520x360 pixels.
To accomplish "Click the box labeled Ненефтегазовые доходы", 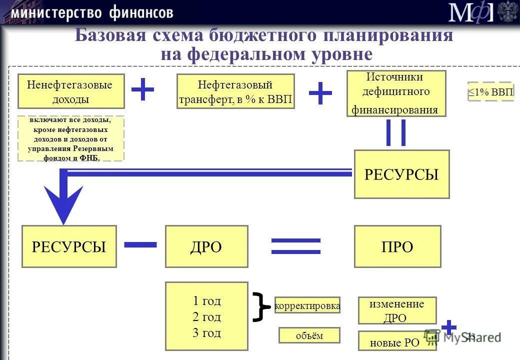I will [x=71, y=91].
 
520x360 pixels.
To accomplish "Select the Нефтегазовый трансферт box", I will [x=236, y=91].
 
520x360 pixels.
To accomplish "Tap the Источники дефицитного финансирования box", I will [x=396, y=93].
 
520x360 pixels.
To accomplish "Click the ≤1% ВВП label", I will [x=490, y=91].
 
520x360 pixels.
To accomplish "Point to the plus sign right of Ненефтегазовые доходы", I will [x=142, y=89].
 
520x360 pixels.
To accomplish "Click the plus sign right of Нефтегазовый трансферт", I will [x=320, y=93].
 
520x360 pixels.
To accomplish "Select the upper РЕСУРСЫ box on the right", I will [x=401, y=174].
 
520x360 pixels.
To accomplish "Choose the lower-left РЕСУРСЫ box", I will [x=69, y=246].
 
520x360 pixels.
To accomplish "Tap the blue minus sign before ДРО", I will [x=140, y=244].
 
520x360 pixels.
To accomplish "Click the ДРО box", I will [x=206, y=246].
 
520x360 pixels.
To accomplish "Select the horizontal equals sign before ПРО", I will [x=295, y=245].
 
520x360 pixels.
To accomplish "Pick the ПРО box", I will [x=397, y=246].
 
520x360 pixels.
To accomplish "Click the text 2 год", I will [x=206, y=317].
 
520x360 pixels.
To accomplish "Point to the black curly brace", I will [x=259, y=306].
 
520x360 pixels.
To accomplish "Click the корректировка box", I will [x=307, y=305].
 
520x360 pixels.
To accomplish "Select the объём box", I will [x=309, y=335].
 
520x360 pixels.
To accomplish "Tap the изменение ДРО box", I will [x=397, y=310].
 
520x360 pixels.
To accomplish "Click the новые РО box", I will [x=394, y=342].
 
